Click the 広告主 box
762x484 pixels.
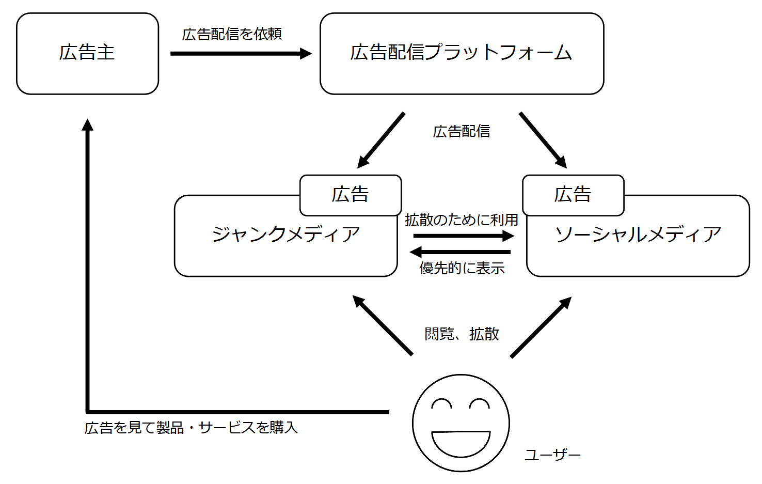87,54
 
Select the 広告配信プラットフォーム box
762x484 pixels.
462,54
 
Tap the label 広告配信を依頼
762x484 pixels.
232,34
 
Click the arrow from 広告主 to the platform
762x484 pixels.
241,53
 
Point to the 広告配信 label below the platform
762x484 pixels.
461,132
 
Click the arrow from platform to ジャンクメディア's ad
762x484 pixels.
381,140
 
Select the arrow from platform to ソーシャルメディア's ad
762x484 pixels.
543,140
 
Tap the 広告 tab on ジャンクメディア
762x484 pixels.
350,195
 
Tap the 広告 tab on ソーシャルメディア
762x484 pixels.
573,195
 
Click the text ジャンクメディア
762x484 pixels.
285,235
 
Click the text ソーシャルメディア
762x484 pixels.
638,235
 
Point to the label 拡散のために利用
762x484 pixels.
461,220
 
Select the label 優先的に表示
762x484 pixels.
462,268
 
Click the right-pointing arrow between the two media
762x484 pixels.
463,236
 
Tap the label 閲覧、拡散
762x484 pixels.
462,334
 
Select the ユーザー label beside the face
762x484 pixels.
552,455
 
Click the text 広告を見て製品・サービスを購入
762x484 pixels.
191,428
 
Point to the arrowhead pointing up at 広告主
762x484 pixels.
88,125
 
